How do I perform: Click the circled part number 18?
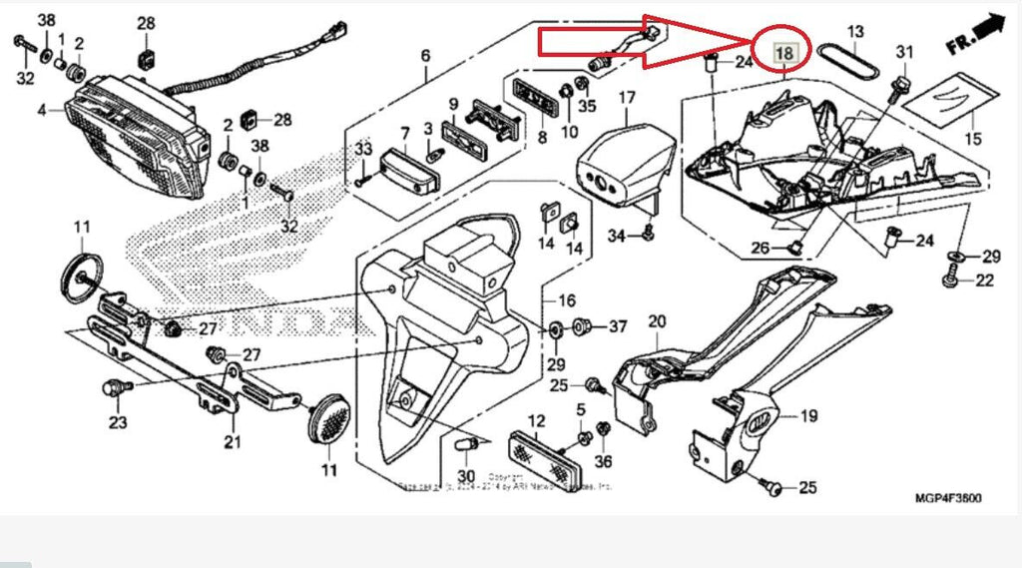(x=784, y=52)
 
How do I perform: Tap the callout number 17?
(x=626, y=98)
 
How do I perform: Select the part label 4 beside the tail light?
(x=42, y=110)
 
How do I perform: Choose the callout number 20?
(x=656, y=321)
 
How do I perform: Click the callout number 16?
(x=567, y=300)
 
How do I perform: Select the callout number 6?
(x=425, y=55)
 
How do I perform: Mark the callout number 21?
(x=234, y=443)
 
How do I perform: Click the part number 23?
(x=118, y=422)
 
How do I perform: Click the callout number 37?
(x=618, y=326)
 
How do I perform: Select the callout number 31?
(x=904, y=52)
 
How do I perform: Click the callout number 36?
(x=603, y=461)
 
